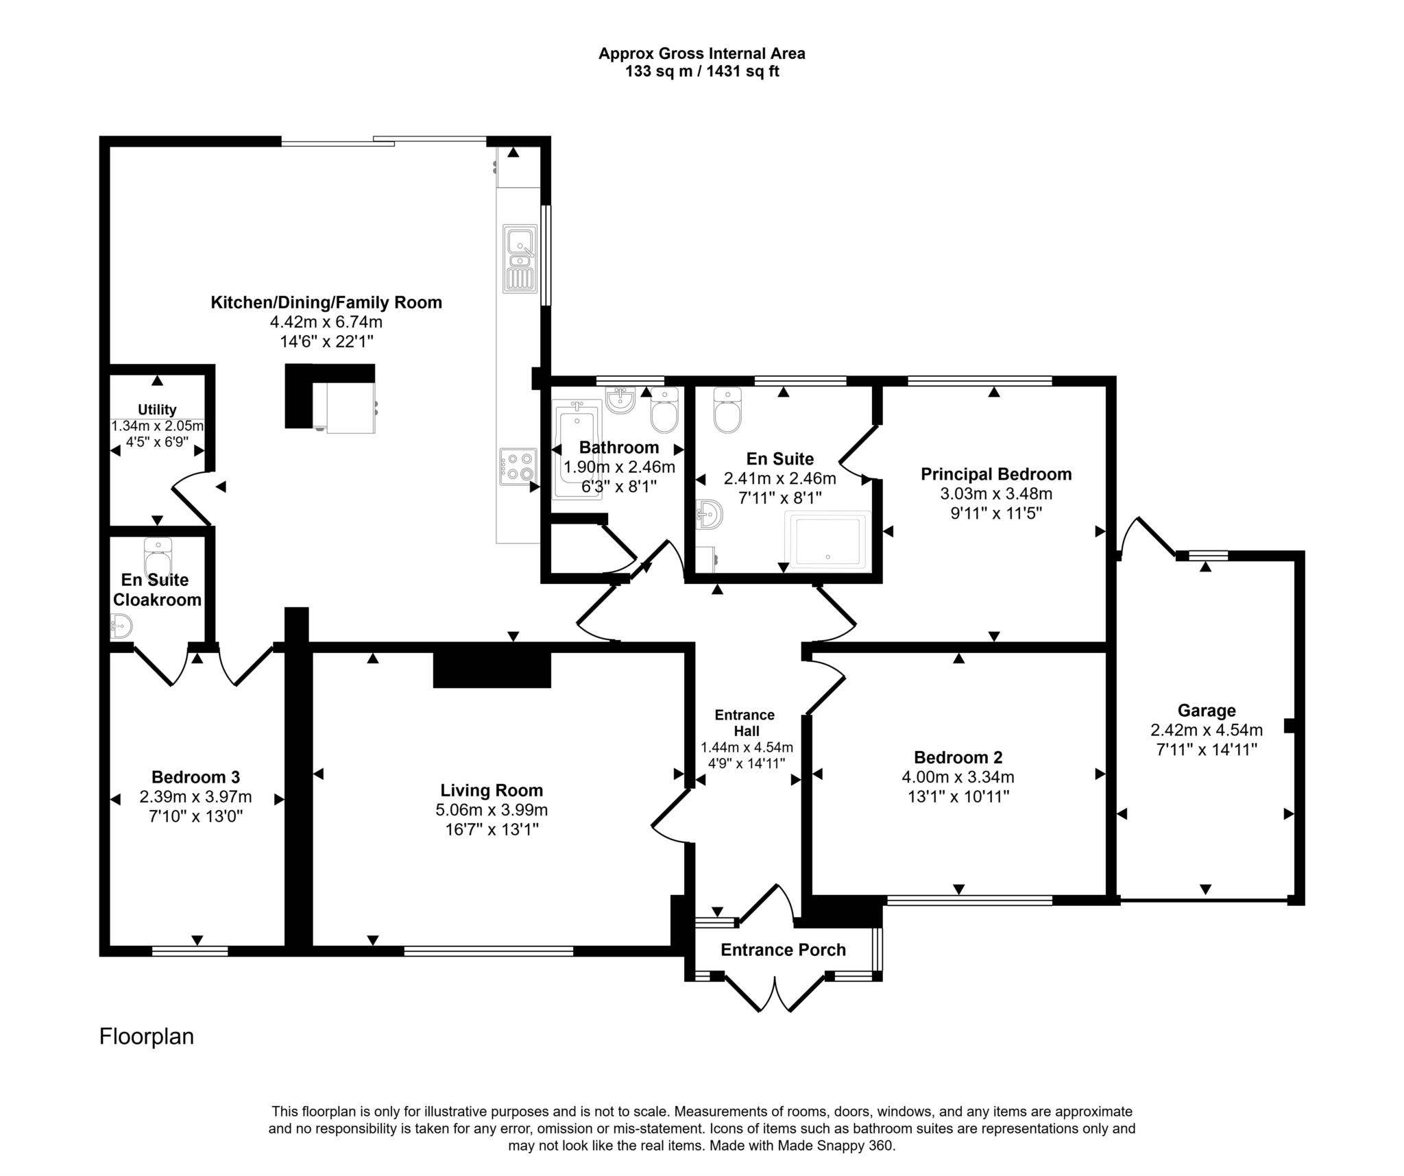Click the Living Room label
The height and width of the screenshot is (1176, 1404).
492,790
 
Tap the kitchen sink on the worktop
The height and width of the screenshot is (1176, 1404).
520,258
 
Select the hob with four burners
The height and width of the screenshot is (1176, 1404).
518,466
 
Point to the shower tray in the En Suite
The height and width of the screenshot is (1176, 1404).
827,541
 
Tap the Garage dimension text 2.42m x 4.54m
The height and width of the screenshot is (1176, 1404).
1206,730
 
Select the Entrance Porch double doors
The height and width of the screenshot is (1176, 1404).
775,994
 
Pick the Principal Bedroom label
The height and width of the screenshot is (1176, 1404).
995,474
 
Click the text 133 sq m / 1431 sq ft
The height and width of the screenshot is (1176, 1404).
701,71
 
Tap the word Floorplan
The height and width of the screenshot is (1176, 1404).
147,1036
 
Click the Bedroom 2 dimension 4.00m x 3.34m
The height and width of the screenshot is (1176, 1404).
958,777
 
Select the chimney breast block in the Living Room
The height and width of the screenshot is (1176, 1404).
492,669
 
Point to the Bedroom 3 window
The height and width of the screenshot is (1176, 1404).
190,951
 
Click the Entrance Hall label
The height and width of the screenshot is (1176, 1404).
745,722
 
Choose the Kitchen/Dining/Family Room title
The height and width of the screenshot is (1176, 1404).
326,302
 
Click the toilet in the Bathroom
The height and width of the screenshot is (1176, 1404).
664,411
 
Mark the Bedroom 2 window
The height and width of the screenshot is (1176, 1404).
969,901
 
